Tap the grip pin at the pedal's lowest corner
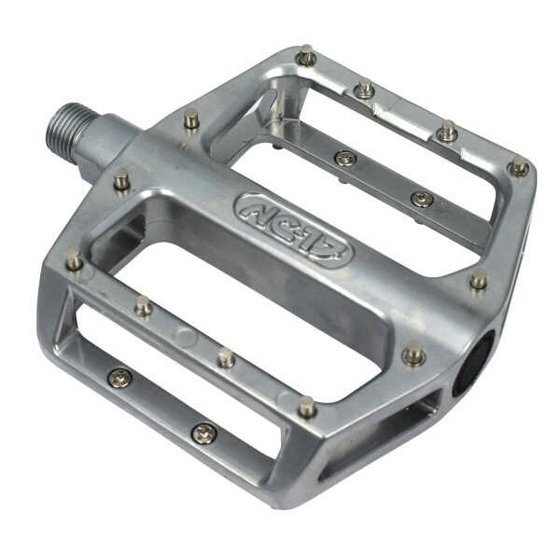(306, 406)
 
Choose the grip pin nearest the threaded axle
(191, 119)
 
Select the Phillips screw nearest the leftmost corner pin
(119, 377)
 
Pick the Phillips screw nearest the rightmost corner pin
(422, 199)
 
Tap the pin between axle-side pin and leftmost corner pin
(121, 177)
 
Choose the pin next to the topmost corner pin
(366, 89)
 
